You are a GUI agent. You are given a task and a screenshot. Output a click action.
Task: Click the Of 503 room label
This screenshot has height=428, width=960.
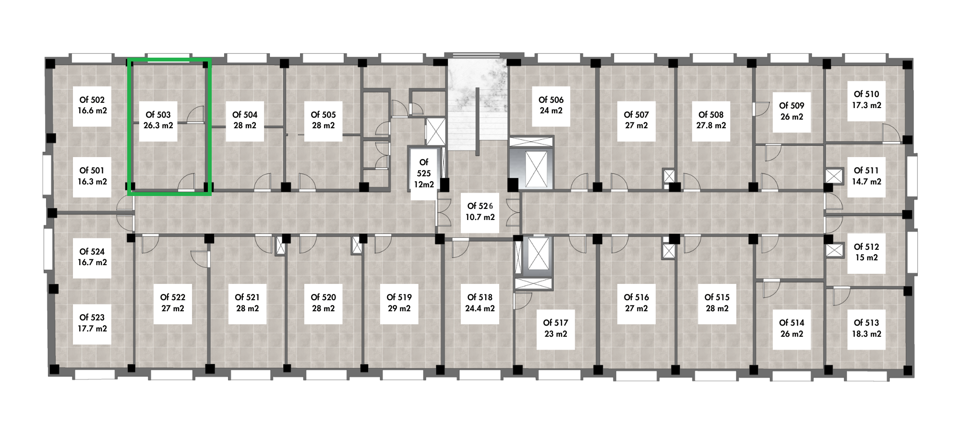tap(158, 115)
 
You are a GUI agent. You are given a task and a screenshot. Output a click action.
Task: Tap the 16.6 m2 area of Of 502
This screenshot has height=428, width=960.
tap(92, 110)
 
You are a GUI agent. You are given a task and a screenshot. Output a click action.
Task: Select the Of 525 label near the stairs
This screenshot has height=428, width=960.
tap(424, 168)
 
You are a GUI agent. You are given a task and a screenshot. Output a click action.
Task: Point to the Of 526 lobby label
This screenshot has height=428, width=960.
tap(480, 206)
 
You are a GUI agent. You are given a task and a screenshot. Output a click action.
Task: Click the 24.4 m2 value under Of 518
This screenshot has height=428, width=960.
tap(480, 308)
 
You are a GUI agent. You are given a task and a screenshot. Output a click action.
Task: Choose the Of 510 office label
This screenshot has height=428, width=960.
tap(866, 94)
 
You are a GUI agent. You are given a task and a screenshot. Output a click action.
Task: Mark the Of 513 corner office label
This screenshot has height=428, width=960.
tap(866, 323)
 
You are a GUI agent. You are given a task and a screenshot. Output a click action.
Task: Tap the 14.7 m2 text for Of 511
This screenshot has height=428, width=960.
tap(866, 182)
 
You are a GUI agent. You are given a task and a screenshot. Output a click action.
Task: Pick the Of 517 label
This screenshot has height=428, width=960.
tap(555, 323)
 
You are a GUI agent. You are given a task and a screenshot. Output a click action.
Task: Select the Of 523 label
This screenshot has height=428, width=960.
tap(92, 318)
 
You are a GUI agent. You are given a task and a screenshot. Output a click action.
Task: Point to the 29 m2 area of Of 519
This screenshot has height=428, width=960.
tap(399, 308)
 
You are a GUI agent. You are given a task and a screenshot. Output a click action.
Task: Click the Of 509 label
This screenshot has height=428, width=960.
tap(792, 106)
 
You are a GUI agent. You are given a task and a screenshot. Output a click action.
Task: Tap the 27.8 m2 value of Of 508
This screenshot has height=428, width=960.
tap(711, 125)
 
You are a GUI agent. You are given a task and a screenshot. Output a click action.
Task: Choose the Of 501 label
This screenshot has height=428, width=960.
tap(92, 171)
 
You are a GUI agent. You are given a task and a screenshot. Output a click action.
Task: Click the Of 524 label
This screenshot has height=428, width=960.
tap(92, 252)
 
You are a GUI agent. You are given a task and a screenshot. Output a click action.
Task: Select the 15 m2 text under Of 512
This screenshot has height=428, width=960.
tap(866, 257)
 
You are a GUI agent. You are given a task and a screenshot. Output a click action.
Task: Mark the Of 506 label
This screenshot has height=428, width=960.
tap(551, 100)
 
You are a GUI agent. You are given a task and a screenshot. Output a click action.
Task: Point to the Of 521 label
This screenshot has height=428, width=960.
tap(247, 297)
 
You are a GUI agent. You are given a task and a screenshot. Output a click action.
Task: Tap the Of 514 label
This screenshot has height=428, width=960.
tap(792, 323)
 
